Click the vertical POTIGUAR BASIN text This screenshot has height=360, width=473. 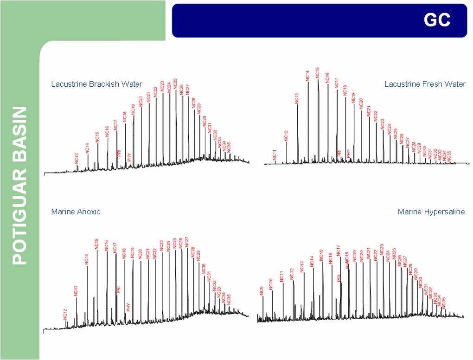pos(19,186)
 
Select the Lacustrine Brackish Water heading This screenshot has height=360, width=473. pos(96,84)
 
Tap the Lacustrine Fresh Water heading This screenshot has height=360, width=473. pos(425,84)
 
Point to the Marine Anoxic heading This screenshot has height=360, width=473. pos(76,212)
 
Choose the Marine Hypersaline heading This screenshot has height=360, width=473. pos(431,212)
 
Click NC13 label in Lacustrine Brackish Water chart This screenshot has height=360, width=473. pos(77,158)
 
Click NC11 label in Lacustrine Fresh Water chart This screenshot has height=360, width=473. pos(275,154)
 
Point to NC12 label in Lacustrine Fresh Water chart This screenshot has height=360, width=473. pos(286,135)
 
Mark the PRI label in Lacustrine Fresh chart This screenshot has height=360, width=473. pos(339,153)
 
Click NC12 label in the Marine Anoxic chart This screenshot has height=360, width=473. pos(65,314)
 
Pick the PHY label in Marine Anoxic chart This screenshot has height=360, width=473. pos(128,306)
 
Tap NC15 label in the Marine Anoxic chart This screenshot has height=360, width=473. pos(97,244)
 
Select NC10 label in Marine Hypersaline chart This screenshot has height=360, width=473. pos(271,283)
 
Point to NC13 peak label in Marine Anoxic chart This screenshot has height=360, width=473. pos(76,291)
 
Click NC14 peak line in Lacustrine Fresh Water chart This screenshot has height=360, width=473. pos(308,121)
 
